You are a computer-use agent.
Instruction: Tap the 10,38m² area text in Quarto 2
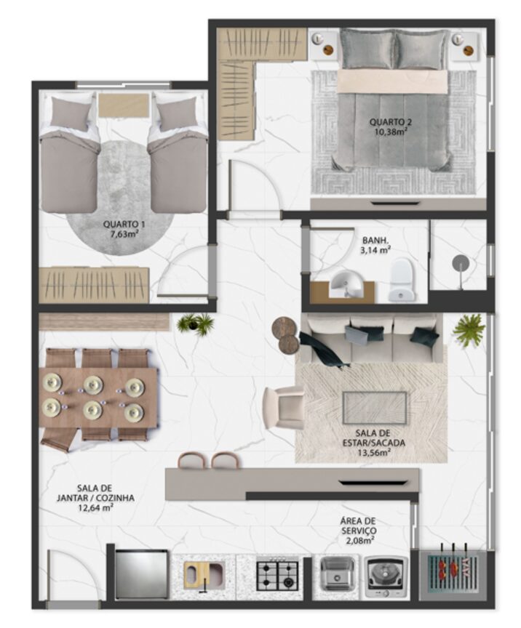391,131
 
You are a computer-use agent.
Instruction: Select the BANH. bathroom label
375,241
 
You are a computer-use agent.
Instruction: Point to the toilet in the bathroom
402,280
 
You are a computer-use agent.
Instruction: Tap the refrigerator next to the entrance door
141,574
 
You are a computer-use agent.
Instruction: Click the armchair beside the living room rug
284,407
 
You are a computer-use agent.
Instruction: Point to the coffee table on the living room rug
375,408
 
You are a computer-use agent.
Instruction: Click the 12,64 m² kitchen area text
95,508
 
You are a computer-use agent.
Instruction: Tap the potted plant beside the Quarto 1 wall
195,323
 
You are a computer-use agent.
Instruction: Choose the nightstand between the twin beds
124,105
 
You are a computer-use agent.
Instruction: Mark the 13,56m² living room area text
374,453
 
